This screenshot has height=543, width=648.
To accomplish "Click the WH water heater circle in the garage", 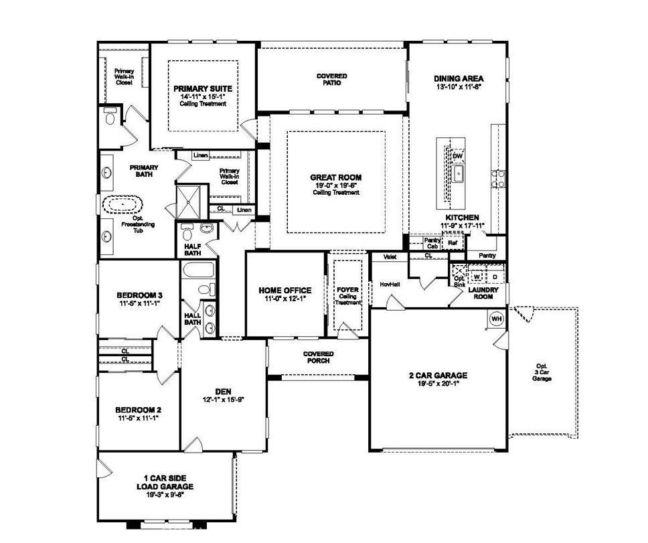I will coord(497,319).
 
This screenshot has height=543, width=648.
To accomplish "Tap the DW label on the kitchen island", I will coord(458,156).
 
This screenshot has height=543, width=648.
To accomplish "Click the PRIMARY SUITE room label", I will coord(202,88).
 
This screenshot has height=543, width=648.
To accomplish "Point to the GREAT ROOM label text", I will coord(336,177).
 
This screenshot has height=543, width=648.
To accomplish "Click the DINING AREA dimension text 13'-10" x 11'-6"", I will coord(459,87).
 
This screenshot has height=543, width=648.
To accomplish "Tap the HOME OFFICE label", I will coord(285,291).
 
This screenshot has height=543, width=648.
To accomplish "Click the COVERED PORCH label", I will coord(319,357).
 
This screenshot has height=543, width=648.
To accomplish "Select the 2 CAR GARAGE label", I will coord(438,375).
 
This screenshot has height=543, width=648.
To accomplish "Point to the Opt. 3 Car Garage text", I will coord(542,372).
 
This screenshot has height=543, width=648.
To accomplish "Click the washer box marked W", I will coord(477,276).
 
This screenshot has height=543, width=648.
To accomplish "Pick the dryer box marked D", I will coord(495,276).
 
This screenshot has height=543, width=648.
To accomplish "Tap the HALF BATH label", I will coord(193,249).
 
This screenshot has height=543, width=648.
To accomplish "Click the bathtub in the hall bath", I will coord(197,272).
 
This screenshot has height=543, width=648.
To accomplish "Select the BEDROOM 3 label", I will coord(139,295).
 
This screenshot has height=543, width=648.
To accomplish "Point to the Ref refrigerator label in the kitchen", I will coord(443,242).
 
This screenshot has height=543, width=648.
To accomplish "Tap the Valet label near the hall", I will coord(391,256).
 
